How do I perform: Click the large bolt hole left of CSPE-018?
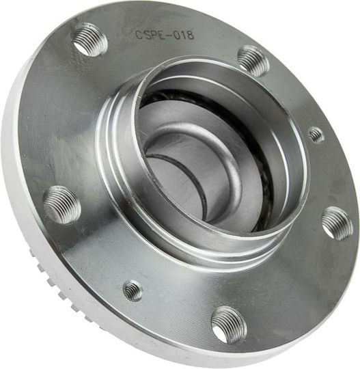[x=89, y=40]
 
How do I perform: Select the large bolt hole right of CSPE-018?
[x=253, y=61]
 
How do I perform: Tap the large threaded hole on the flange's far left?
[x=62, y=204]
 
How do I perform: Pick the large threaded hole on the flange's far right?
[x=337, y=223]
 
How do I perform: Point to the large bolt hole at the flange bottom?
[x=229, y=325]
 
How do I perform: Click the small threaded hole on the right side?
[x=316, y=135]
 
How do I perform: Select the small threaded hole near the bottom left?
[x=133, y=290]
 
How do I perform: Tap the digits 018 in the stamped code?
[x=184, y=36]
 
